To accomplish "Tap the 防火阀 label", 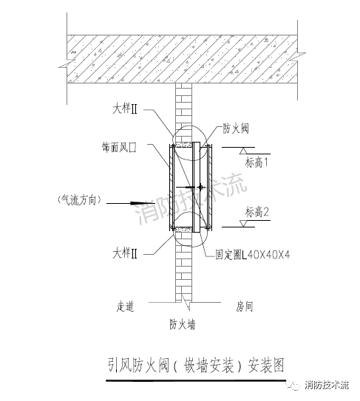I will pos(237,128).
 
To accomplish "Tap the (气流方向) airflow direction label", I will pos(77,199).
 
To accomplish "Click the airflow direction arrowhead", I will pos(137,201).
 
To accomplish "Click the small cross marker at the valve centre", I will pos(200,188).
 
